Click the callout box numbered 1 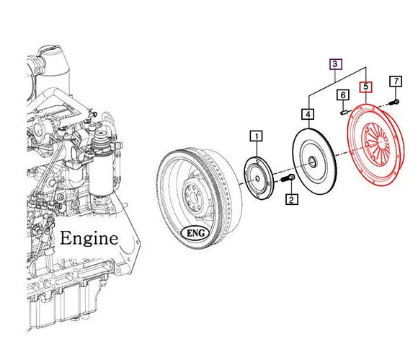(257, 135)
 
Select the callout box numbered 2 (291, 199)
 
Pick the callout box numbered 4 (308, 114)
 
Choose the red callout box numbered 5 (367, 87)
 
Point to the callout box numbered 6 (343, 95)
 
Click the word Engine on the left (89, 238)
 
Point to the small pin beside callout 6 (344, 111)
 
